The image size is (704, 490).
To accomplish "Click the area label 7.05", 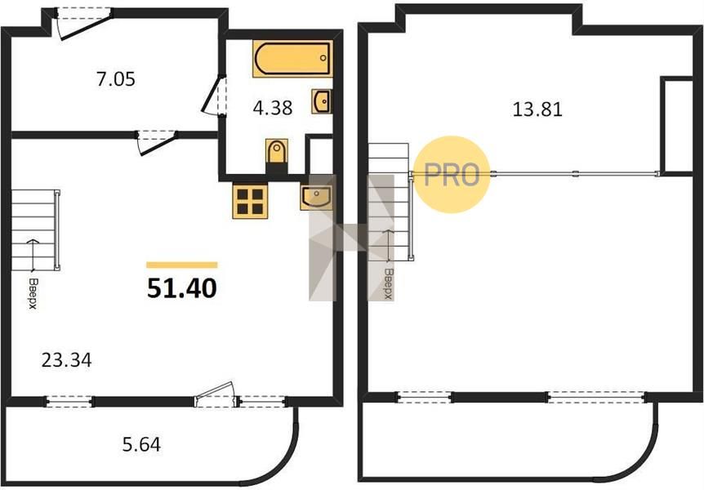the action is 116,79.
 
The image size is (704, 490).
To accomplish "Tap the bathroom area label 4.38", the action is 273,108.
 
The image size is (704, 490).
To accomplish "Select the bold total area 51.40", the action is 182,288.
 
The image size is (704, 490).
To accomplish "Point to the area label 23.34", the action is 66,360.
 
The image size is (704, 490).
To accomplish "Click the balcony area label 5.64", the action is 141,444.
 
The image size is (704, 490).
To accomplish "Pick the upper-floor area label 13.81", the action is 537,109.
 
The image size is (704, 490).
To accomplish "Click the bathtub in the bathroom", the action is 292,58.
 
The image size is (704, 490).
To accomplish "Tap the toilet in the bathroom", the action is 277,152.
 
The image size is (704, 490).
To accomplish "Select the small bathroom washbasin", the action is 322,101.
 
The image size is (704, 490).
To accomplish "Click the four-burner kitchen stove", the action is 250,201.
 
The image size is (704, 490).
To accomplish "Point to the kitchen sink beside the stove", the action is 317,197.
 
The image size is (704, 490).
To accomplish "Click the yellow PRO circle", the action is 451,174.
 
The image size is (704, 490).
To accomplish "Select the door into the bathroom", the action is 214,96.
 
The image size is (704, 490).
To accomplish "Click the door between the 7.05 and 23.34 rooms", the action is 156,141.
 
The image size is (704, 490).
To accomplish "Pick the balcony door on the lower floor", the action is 216,395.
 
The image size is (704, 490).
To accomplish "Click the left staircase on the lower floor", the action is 35,230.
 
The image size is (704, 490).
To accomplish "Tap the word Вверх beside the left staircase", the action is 33,294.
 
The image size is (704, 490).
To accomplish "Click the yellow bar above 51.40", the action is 182,265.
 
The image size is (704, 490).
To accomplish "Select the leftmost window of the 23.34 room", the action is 69,402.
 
